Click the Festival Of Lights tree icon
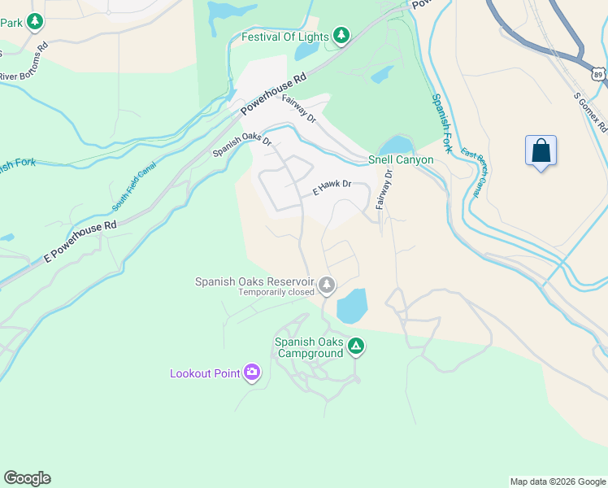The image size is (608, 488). click(341, 36)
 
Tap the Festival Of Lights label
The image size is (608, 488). click(284, 37)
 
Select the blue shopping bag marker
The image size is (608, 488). click(541, 151)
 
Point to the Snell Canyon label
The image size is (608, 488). click(401, 159)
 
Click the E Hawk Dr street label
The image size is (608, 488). click(332, 188)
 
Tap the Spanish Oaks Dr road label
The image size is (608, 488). click(242, 145)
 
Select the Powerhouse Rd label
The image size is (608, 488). click(278, 89)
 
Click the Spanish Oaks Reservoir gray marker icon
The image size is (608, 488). click(326, 285)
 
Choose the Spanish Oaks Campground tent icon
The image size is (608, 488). click(355, 346)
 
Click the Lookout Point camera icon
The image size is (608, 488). click(251, 373)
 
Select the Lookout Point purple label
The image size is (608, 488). click(205, 373)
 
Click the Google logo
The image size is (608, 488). click(27, 478)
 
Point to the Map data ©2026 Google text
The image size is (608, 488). click(557, 481)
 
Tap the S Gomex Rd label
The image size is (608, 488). click(590, 112)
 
